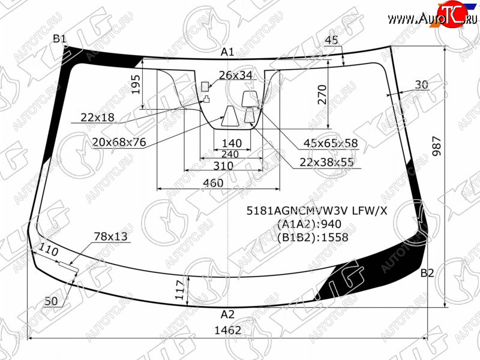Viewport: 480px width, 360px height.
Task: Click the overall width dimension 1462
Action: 228,330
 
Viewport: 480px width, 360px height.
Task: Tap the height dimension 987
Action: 437,146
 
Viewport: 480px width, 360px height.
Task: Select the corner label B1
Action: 59,39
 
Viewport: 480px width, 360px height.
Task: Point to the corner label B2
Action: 427,272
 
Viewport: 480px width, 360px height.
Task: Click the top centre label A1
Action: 227,52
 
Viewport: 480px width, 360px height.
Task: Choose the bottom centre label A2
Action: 227,314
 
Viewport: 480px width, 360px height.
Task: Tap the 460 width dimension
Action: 213,183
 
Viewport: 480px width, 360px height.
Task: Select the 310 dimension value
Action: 223,166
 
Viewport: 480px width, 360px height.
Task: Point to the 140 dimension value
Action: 232,143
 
